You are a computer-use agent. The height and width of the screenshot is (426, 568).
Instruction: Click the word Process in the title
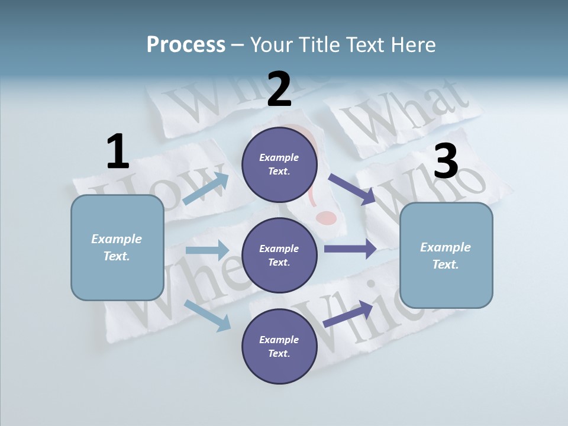186,44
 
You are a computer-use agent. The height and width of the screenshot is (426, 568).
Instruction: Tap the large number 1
118,151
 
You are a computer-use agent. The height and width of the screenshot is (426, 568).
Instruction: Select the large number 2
279,89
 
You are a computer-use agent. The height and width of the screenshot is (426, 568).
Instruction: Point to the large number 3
446,162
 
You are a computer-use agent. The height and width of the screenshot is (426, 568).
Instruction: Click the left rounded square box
117,247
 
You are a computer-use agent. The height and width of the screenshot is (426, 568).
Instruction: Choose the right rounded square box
446,256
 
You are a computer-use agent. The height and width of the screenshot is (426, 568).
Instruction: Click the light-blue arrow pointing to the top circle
206,189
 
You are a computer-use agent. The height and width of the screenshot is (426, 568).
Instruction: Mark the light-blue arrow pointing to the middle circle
207,250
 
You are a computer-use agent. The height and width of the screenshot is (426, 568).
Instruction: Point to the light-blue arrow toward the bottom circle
207,315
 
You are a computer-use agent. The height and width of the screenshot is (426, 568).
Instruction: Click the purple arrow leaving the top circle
352,189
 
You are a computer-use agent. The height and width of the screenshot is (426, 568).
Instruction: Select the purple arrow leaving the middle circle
350,248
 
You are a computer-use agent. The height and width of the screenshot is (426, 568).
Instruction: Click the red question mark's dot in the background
327,219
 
